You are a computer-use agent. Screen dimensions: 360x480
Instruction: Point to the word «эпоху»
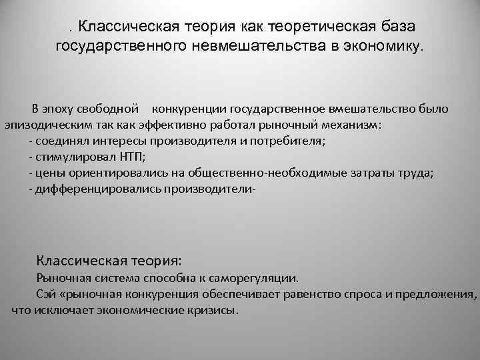coord(58,108)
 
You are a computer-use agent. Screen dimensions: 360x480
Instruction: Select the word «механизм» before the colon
coord(351,125)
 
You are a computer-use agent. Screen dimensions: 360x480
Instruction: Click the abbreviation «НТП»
coord(129,157)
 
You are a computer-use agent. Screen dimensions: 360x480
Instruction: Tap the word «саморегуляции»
coord(261,277)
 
